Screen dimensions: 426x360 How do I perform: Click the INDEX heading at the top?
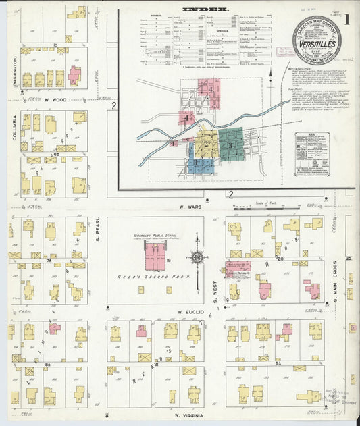(205, 10)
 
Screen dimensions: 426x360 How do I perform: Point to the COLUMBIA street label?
(13, 128)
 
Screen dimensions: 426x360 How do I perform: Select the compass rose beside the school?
(197, 258)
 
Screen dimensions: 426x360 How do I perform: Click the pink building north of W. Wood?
(74, 75)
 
